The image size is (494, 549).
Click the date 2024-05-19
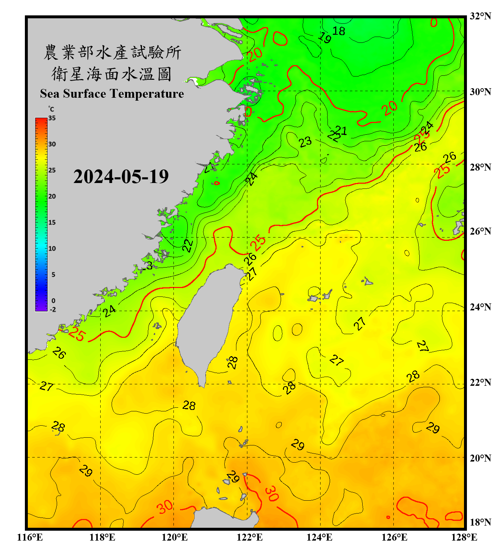click(x=121, y=176)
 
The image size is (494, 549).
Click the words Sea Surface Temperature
click(x=112, y=94)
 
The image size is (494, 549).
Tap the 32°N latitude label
click(x=480, y=16)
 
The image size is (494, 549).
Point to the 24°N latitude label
click(x=480, y=307)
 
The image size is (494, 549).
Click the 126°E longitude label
click(x=394, y=537)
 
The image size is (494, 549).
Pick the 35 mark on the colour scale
click(x=52, y=118)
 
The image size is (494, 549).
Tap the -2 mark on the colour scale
click(x=53, y=310)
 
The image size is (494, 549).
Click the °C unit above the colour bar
click(x=51, y=109)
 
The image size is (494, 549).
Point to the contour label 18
click(x=338, y=31)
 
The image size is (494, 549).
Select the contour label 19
click(x=325, y=37)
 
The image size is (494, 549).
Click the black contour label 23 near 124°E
click(x=305, y=142)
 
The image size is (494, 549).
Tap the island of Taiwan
click(x=209, y=322)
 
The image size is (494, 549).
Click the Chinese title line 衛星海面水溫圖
click(x=112, y=74)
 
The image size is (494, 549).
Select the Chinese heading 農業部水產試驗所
click(x=112, y=52)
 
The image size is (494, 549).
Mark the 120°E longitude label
click(x=175, y=537)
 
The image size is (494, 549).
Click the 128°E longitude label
click(x=464, y=537)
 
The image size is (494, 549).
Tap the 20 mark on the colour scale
click(x=52, y=196)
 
